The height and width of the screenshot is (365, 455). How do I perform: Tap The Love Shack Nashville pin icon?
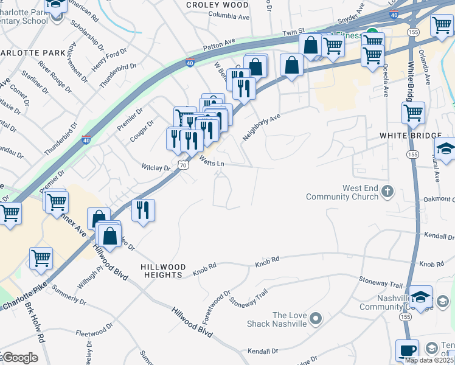(315, 318)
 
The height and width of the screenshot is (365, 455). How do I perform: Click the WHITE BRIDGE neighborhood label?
(404, 135)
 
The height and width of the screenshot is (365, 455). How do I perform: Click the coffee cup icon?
(407, 350)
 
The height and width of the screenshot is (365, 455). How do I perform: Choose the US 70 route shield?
(182, 165)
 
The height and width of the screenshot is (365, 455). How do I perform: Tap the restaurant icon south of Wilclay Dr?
(143, 210)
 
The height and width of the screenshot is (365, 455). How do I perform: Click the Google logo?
(19, 358)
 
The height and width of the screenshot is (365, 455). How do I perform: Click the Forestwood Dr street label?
(217, 307)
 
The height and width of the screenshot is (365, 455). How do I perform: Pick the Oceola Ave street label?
(386, 83)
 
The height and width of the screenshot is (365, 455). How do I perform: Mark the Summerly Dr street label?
(69, 293)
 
